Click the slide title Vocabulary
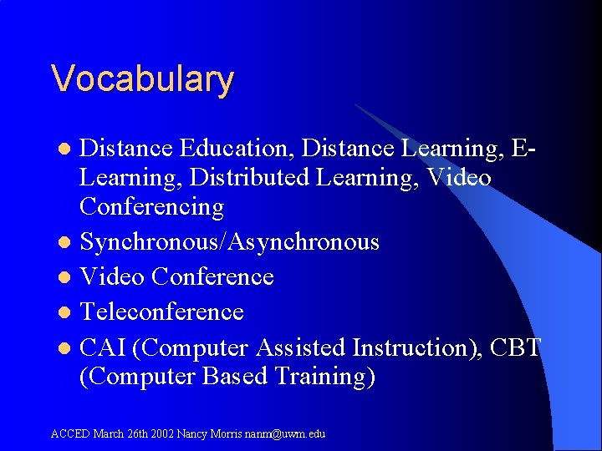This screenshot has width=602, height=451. [x=142, y=79]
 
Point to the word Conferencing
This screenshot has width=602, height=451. [x=152, y=207]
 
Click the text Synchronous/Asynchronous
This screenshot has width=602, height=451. [x=229, y=242]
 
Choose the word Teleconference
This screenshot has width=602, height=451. [x=161, y=312]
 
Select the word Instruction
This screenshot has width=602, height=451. [x=416, y=347]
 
